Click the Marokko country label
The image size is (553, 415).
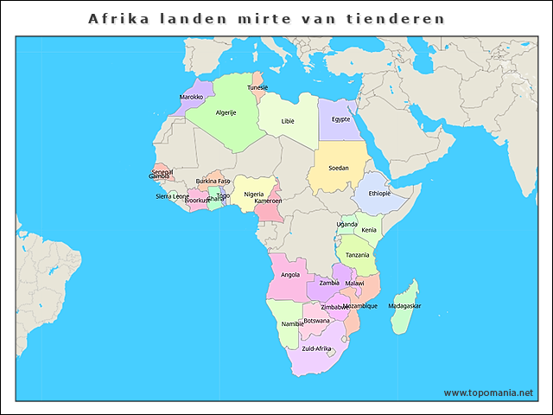click(191, 98)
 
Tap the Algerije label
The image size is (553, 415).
click(226, 113)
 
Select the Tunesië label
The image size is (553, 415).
click(257, 87)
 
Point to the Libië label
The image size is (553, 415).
click(288, 121)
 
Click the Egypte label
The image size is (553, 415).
click(340, 119)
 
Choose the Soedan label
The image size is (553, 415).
click(339, 168)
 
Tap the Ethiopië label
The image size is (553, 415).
click(379, 194)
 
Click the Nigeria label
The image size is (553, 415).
click(253, 195)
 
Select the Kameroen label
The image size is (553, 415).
click(268, 201)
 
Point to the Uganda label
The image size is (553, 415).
click(346, 224)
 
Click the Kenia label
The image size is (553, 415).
click(369, 230)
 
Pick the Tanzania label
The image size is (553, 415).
click(358, 255)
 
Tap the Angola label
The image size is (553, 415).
click(290, 275)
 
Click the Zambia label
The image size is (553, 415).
click(329, 283)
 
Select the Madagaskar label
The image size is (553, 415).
click(404, 306)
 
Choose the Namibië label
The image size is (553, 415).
click(292, 324)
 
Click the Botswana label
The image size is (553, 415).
click(316, 321)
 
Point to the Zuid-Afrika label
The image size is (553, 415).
click(316, 348)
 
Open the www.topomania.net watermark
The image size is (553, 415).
click(488, 393)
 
